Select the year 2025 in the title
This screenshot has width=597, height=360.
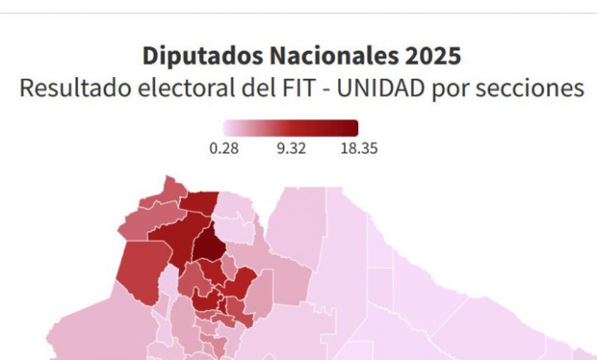pos(436,56)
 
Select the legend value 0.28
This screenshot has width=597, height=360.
pos(224,148)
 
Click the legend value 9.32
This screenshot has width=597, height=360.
pos(291,148)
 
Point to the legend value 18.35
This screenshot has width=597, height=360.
pos(359,148)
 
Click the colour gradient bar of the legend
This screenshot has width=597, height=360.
pos(291,128)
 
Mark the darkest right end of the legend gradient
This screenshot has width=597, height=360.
pos(354,128)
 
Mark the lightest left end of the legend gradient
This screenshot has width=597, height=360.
pos(227,128)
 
